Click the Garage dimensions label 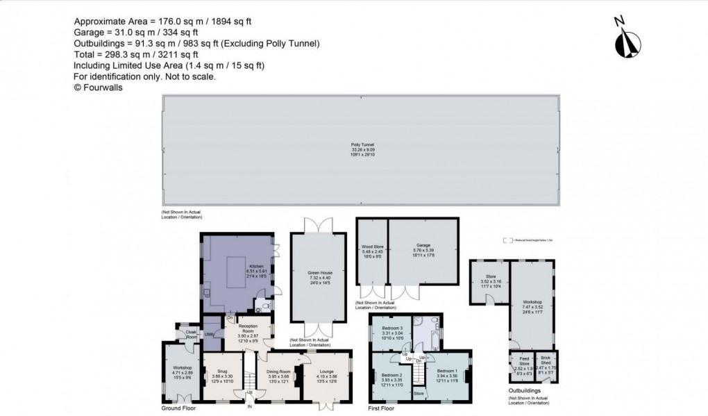(423, 251)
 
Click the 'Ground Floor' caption (180, 408)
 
